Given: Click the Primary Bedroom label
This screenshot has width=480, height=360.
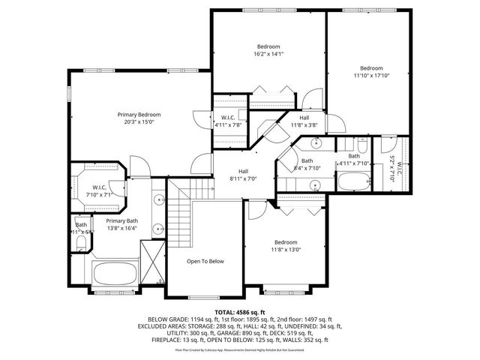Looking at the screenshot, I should [x=139, y=115].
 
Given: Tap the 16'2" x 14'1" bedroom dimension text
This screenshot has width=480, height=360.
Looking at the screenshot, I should [x=268, y=54].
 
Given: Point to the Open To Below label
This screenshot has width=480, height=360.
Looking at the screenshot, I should [x=205, y=261].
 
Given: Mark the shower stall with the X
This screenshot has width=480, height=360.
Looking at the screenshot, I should [x=153, y=265].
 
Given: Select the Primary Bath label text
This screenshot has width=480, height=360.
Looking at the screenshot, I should [x=121, y=220].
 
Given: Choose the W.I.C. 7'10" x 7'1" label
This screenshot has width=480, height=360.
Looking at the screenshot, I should [x=98, y=191].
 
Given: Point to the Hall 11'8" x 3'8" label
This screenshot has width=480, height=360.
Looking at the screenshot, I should [x=304, y=121].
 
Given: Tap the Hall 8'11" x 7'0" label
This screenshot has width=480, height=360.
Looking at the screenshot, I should [x=244, y=175].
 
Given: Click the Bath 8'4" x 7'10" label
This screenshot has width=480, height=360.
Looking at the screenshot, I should [x=307, y=164].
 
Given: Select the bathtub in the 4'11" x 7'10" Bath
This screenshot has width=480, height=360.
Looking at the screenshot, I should [x=352, y=181].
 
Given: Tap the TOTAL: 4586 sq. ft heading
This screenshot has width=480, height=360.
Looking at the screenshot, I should [x=240, y=311].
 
